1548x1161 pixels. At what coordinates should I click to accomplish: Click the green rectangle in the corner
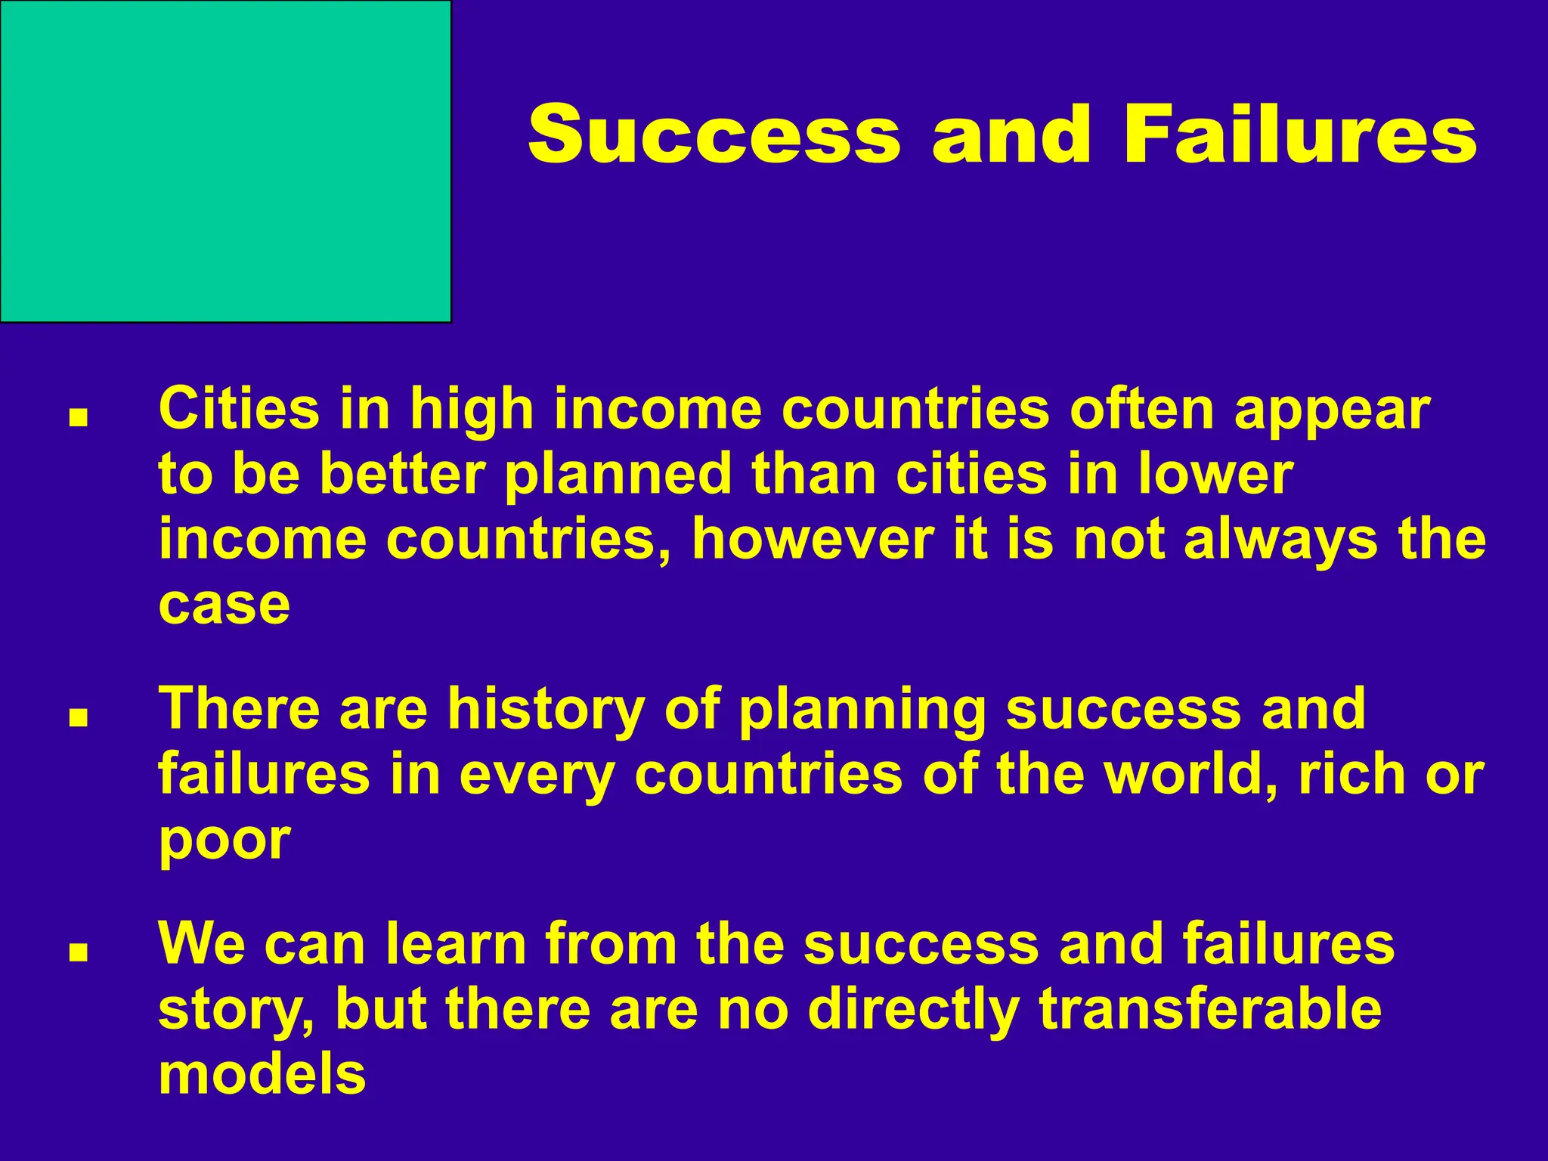coord(225,161)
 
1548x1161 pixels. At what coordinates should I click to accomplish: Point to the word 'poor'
coord(224,841)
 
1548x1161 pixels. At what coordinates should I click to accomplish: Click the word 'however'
coord(813,539)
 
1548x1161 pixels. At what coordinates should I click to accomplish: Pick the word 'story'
coord(237,1011)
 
